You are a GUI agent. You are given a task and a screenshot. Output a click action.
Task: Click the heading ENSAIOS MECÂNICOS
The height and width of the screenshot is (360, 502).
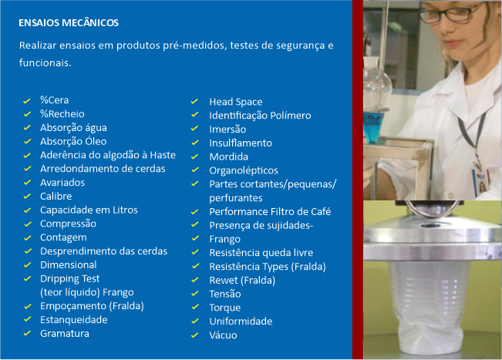pyautogui.click(x=69, y=22)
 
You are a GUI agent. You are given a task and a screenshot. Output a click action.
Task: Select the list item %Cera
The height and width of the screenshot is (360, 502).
pyautogui.click(x=55, y=100)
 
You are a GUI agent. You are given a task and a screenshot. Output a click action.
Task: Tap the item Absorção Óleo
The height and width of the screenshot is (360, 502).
pyautogui.click(x=73, y=141)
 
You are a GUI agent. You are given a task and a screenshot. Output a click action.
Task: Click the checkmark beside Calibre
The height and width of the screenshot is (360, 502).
pyautogui.click(x=27, y=196)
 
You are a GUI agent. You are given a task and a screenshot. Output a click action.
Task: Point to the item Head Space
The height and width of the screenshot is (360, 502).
pyautogui.click(x=236, y=102)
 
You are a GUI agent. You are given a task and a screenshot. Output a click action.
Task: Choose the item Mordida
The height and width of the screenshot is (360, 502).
pyautogui.click(x=228, y=156)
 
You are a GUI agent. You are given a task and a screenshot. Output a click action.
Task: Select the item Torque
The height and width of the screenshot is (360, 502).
pyautogui.click(x=225, y=308)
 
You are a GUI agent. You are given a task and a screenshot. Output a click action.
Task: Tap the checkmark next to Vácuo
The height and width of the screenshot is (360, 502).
pyautogui.click(x=194, y=335)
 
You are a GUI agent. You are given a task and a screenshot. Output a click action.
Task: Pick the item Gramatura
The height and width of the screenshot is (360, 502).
pyautogui.click(x=65, y=334)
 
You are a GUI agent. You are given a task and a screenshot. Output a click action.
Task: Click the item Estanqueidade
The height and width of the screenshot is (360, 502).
pyautogui.click(x=74, y=320)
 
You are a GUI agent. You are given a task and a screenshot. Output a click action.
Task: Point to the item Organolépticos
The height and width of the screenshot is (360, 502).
pyautogui.click(x=244, y=170)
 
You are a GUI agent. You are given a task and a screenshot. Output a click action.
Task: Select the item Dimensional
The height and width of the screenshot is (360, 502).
pyautogui.click(x=69, y=265)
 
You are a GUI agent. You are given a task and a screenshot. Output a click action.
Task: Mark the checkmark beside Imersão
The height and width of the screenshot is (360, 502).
pyautogui.click(x=194, y=129)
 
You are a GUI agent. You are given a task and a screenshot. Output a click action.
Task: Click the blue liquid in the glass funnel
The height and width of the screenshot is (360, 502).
pyautogui.click(x=374, y=127)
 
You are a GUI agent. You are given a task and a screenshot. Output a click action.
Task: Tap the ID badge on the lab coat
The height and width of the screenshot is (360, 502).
pyautogui.click(x=481, y=183)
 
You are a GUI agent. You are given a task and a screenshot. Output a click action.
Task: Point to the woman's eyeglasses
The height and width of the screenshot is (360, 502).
pyautogui.click(x=451, y=13)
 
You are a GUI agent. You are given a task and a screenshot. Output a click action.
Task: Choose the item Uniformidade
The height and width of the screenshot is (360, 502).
pyautogui.click(x=241, y=321)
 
